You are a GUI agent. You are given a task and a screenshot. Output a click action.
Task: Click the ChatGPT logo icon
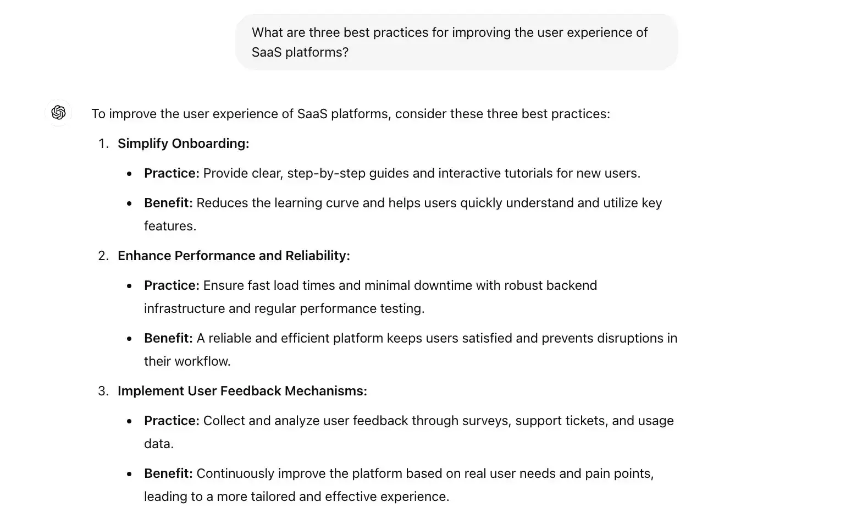(x=58, y=113)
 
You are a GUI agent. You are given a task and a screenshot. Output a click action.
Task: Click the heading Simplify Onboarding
(x=183, y=144)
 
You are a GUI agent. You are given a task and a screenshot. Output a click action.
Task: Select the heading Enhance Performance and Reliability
(x=234, y=256)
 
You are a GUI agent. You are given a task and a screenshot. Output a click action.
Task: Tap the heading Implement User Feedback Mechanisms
(x=242, y=391)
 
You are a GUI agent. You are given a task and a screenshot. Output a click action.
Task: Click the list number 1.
(x=103, y=144)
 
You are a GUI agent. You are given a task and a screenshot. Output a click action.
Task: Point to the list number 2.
(x=103, y=256)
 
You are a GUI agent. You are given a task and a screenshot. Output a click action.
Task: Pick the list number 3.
(x=103, y=391)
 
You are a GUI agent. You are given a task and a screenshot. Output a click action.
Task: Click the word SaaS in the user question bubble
(x=266, y=52)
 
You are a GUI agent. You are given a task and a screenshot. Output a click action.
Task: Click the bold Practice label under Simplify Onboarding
(x=171, y=173)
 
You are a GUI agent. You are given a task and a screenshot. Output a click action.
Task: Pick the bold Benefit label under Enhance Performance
(x=168, y=338)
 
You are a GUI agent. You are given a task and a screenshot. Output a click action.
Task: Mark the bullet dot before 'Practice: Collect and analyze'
(x=129, y=421)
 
